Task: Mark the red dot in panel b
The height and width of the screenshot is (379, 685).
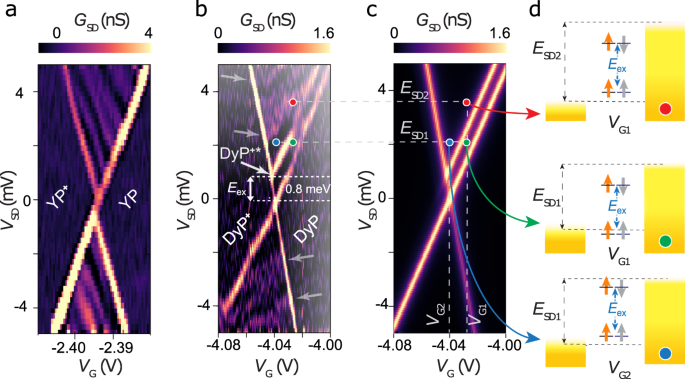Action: (292, 102)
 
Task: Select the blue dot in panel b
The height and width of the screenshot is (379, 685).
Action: (276, 142)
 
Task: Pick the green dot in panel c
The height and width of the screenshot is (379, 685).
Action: (466, 143)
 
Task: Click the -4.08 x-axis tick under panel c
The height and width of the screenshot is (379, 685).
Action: (393, 345)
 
